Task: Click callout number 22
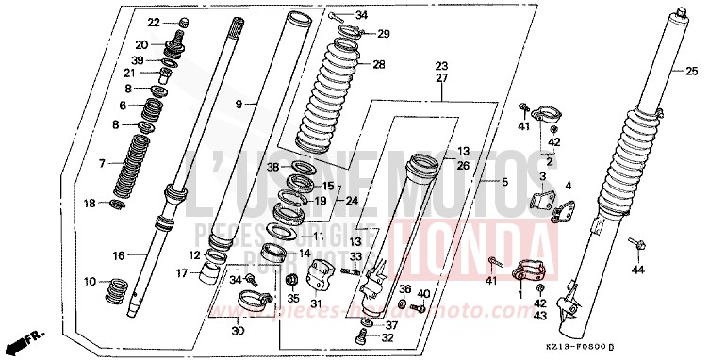[154, 22]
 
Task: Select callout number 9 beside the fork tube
[239, 103]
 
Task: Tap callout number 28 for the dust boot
[379, 65]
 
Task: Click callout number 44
[637, 270]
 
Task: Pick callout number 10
[91, 282]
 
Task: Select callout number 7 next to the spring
[102, 163]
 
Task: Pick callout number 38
[272, 167]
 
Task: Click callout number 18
[91, 204]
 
